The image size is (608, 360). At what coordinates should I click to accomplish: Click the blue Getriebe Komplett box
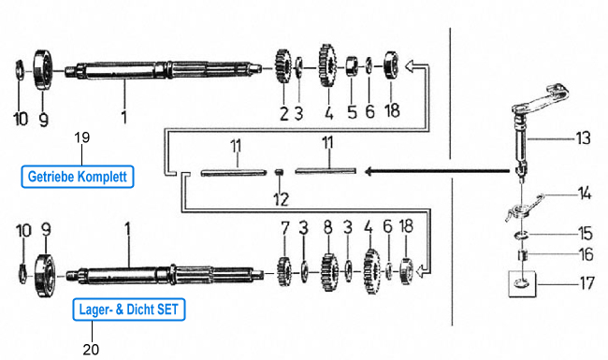tap(78, 177)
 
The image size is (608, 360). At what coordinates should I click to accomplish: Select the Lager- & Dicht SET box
tap(129, 310)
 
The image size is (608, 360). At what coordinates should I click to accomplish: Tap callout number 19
tap(82, 137)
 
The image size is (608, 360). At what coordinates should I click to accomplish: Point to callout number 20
tap(91, 349)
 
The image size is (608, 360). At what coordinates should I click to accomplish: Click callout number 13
tap(583, 138)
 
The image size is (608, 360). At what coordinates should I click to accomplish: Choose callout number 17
tap(587, 283)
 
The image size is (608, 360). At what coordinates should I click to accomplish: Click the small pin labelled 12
tap(278, 171)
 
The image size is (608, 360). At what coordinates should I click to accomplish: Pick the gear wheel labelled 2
tap(283, 66)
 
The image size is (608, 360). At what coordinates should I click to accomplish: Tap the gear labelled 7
tap(284, 272)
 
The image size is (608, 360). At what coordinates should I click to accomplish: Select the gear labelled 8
tap(329, 272)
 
